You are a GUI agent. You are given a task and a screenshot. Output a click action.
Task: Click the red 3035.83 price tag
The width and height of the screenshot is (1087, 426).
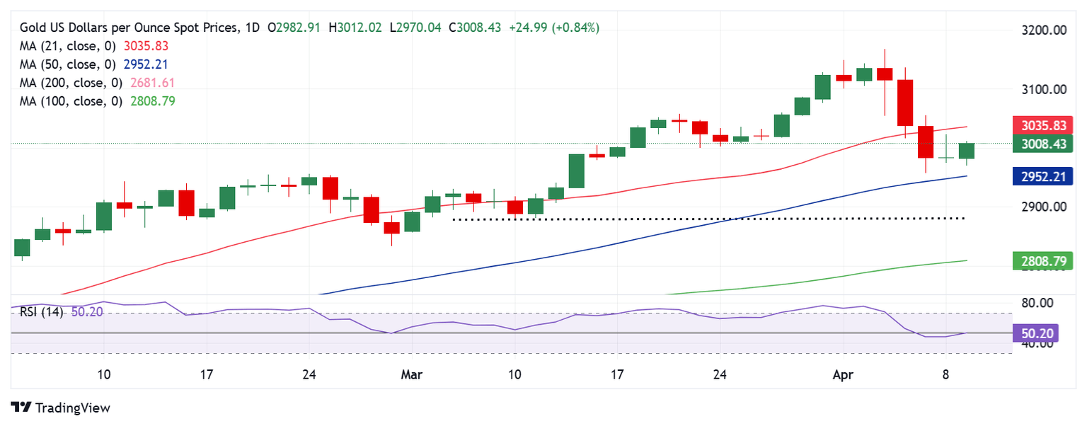(1043, 125)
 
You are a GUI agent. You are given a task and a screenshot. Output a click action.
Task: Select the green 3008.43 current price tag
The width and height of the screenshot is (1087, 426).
(1043, 144)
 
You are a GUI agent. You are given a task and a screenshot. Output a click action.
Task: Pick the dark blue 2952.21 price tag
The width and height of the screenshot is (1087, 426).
(1043, 176)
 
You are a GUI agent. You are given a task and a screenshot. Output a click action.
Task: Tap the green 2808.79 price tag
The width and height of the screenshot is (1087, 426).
(1043, 261)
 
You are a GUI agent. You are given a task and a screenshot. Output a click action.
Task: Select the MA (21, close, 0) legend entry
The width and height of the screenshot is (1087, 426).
(69, 46)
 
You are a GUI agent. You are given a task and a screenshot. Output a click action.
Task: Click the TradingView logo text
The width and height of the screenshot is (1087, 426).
(72, 408)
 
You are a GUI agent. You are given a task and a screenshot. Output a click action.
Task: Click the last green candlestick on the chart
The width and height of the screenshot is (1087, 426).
(966, 151)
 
